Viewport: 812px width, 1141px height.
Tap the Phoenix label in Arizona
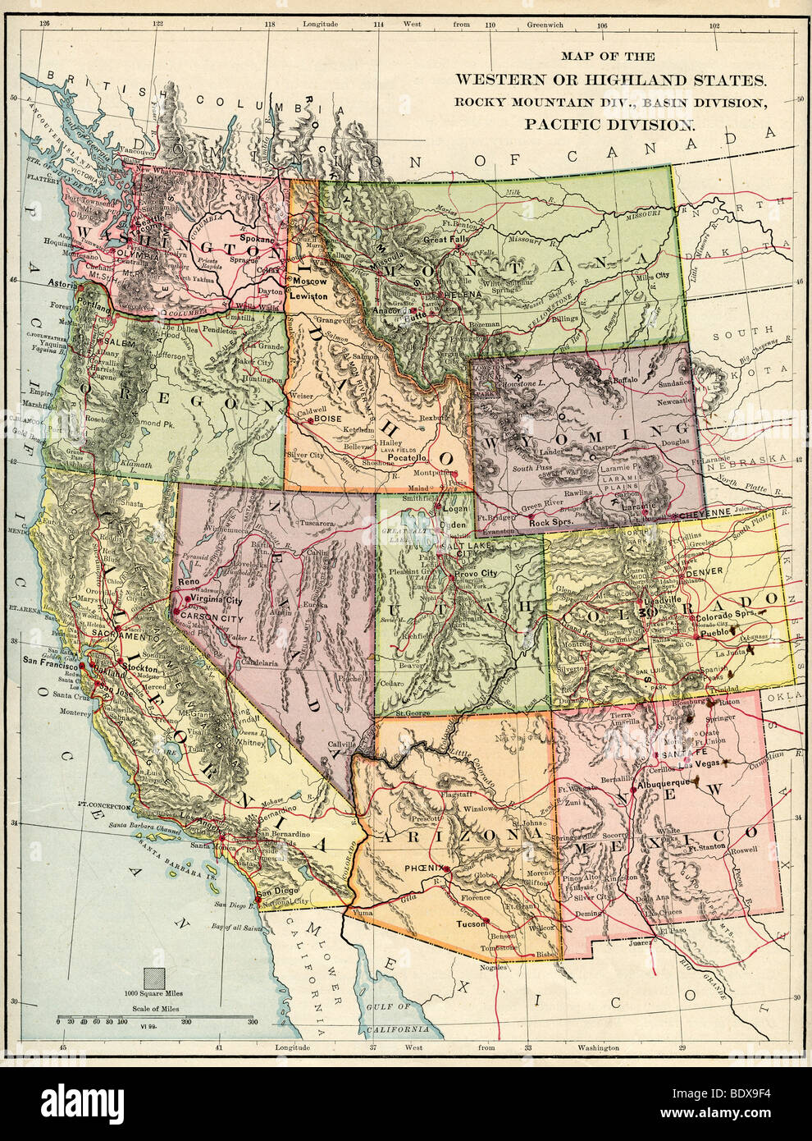(x=423, y=868)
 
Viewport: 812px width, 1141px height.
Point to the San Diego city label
(x=276, y=893)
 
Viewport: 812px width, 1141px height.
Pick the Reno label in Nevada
(x=189, y=582)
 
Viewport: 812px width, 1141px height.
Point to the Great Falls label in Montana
(x=445, y=240)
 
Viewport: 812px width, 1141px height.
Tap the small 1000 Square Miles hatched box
(x=153, y=978)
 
